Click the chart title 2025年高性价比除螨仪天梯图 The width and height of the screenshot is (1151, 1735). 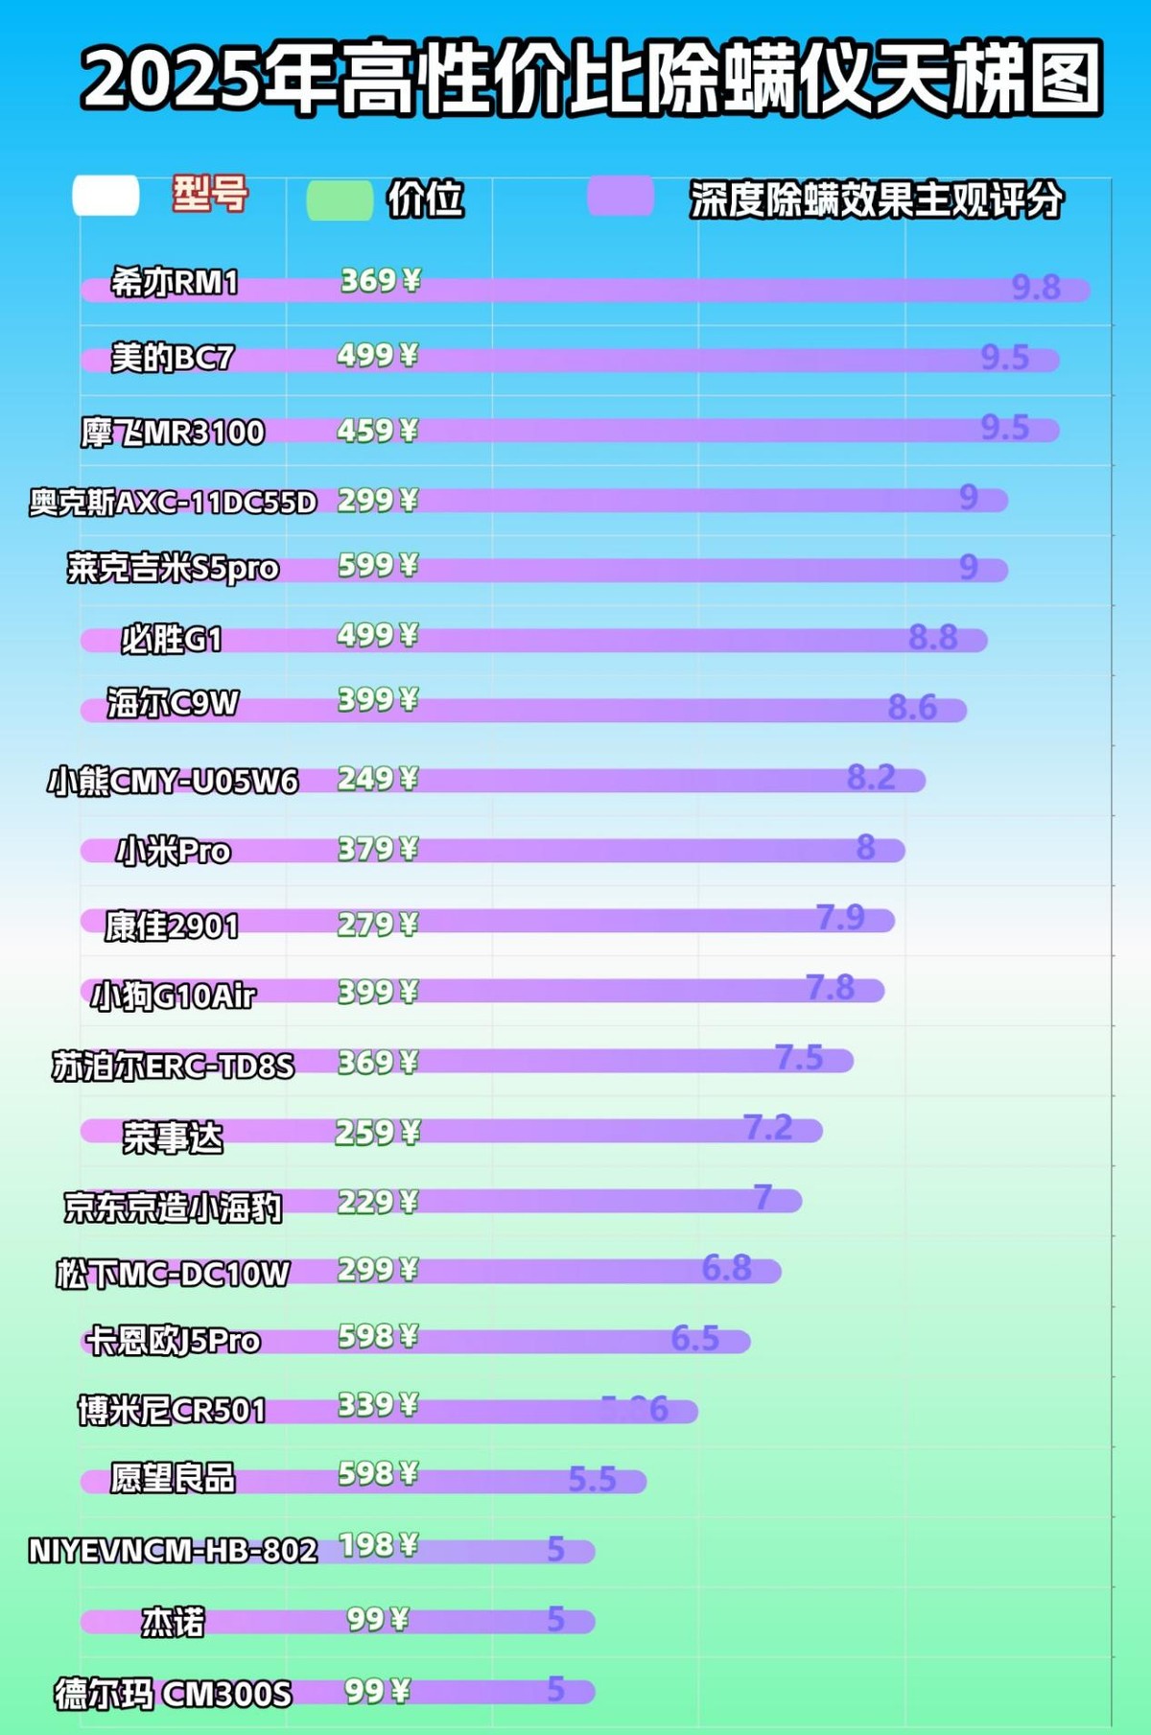[592, 77]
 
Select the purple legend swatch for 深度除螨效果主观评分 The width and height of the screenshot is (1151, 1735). [621, 198]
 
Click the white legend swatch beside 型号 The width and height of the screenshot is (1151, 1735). [106, 196]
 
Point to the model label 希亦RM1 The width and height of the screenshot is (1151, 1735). [174, 283]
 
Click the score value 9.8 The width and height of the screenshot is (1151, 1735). [1036, 287]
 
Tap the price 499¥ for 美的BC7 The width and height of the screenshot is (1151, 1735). [378, 356]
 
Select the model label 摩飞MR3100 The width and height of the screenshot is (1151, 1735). [173, 433]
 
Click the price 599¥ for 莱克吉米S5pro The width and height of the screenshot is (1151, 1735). [378, 566]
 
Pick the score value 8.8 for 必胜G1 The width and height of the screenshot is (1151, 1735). [933, 637]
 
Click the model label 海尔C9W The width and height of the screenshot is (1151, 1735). [173, 704]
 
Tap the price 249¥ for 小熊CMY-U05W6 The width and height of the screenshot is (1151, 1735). [378, 779]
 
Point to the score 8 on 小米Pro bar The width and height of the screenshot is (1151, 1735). [865, 848]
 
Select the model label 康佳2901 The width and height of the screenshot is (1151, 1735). [172, 926]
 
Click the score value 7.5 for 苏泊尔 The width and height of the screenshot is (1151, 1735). [799, 1058]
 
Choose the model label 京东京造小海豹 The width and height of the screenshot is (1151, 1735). [173, 1207]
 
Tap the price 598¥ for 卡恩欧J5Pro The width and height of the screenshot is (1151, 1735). [378, 1336]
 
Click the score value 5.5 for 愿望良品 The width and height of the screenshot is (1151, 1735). [592, 1479]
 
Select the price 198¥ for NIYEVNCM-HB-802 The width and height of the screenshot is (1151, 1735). [379, 1545]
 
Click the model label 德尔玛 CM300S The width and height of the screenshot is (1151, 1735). [173, 1695]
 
